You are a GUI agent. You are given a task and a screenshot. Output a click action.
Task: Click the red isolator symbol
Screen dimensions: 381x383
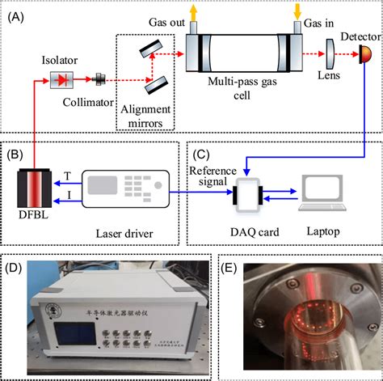(x=61, y=79)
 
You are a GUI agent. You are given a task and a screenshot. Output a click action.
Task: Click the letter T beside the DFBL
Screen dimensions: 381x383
(x=67, y=175)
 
